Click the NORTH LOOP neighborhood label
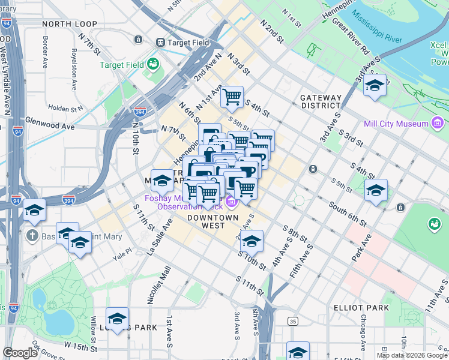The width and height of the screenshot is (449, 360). click(x=70, y=23)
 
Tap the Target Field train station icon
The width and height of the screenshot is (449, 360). click(x=161, y=42)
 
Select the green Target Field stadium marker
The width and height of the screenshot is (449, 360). click(x=153, y=64)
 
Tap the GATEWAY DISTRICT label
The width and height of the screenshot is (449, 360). click(x=321, y=101)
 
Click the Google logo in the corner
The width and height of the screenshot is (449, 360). click(x=20, y=353)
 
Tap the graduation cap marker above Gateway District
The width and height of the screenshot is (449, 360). click(x=375, y=85)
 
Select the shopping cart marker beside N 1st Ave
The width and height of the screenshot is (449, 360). click(x=232, y=96)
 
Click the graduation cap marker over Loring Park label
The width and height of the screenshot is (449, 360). click(x=118, y=318)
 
